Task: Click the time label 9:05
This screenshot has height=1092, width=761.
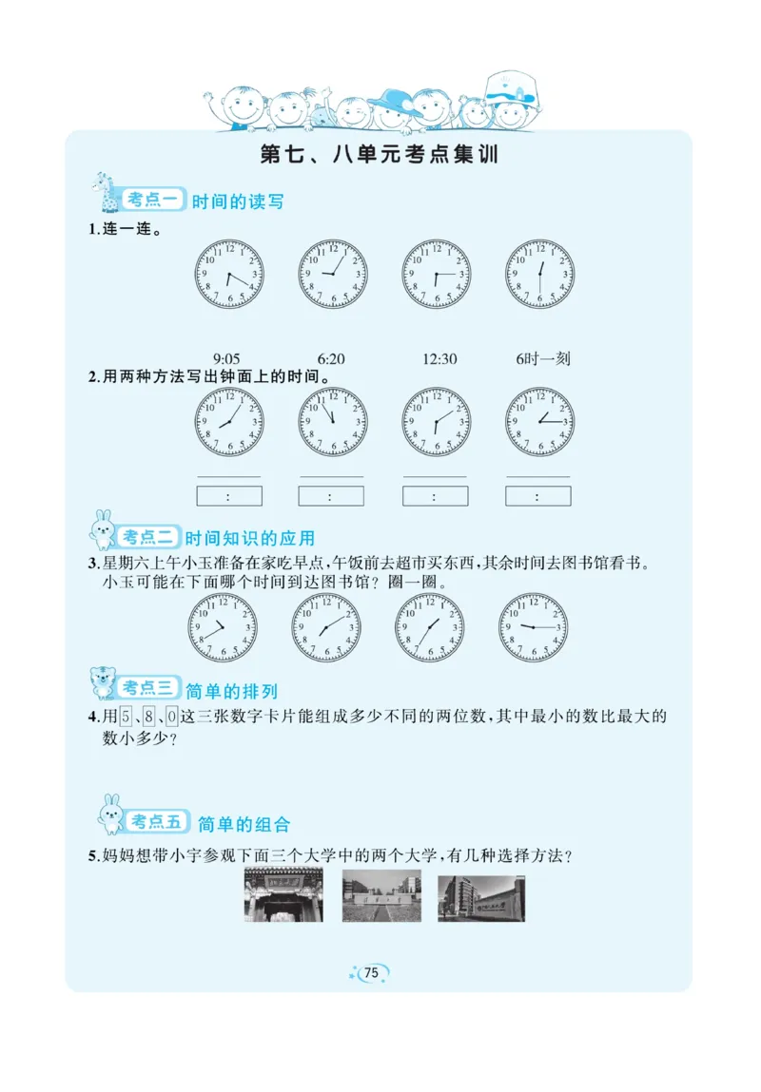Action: click(226, 359)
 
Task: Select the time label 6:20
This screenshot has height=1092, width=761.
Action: click(331, 359)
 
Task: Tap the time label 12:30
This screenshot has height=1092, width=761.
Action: click(439, 359)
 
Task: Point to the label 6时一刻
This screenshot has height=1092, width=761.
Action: click(543, 359)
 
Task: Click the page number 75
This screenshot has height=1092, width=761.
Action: click(372, 972)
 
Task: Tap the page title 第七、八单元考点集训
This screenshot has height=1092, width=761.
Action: click(380, 155)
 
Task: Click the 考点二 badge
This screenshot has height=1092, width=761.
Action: click(149, 537)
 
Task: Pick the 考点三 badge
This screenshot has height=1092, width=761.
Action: click(148, 688)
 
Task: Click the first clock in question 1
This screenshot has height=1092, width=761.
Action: click(229, 274)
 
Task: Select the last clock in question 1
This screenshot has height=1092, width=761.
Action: click(539, 274)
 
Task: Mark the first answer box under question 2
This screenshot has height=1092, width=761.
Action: click(228, 496)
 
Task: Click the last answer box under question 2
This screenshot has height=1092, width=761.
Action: click(537, 496)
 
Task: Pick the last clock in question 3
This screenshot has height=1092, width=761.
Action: click(533, 627)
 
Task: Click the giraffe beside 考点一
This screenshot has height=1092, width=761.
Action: click(103, 192)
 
